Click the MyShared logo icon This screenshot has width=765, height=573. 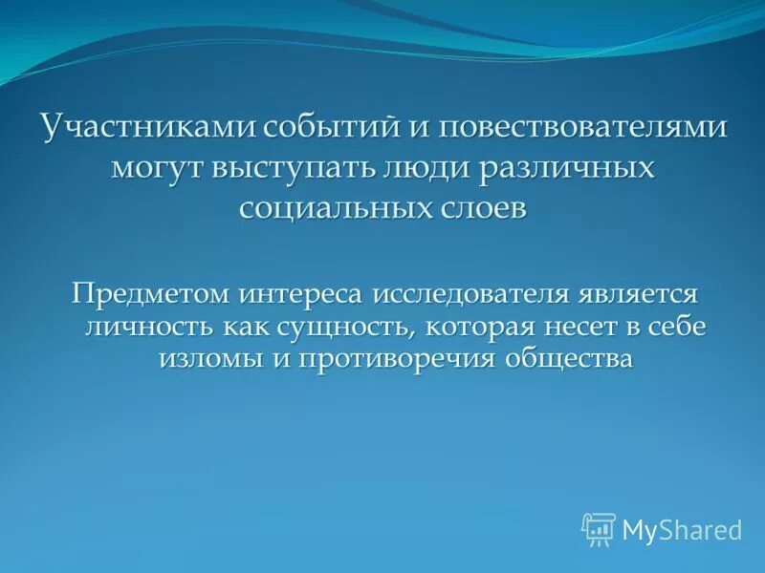click(x=599, y=528)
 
